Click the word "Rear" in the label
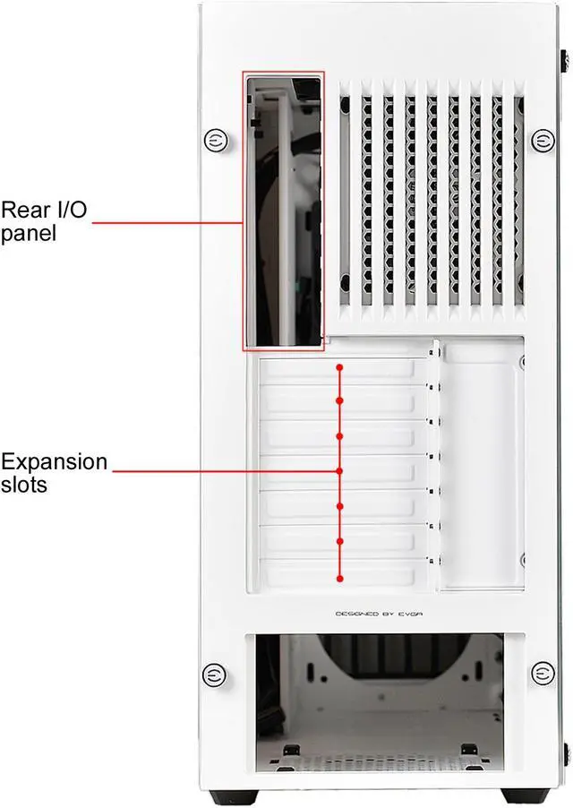[x=24, y=210]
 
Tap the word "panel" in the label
[x=29, y=235]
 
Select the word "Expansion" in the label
[x=54, y=462]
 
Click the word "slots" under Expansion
[x=24, y=486]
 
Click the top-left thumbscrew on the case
[x=214, y=140]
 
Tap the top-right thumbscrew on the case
[x=542, y=140]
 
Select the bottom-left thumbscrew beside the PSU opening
[x=214, y=674]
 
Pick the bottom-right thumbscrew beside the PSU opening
[x=542, y=674]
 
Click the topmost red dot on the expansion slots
[x=339, y=367]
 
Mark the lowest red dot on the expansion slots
[x=339, y=577]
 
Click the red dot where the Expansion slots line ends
[x=339, y=470]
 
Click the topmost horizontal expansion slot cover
[x=336, y=370]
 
